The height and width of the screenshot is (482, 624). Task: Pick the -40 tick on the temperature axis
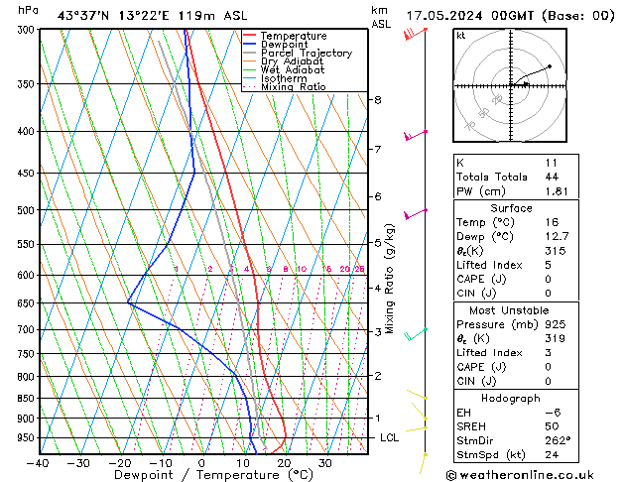pos(38,462)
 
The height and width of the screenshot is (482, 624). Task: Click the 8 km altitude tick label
pos(377,100)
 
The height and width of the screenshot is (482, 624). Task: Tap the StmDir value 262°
pos(558,440)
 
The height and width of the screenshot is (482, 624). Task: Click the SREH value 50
pos(553,425)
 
